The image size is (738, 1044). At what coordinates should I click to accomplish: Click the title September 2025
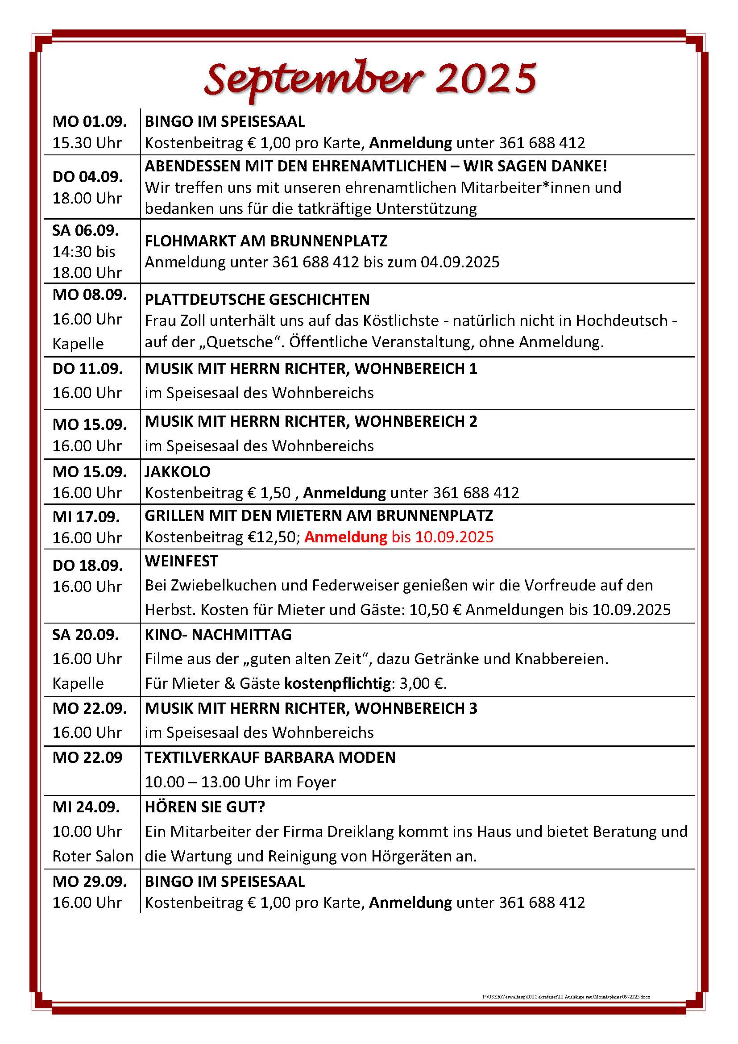[x=370, y=78]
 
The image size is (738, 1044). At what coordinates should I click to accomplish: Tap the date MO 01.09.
[x=90, y=121]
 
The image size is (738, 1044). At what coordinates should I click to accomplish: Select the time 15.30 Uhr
[x=87, y=143]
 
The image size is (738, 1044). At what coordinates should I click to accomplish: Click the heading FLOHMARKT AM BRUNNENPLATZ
[x=266, y=241]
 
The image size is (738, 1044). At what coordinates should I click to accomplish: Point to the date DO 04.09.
[x=88, y=176]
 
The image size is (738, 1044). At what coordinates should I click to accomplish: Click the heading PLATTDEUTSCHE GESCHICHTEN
[x=257, y=299]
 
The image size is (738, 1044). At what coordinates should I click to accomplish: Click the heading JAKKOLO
[x=177, y=471]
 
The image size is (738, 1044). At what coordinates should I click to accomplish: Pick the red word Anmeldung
[x=345, y=537]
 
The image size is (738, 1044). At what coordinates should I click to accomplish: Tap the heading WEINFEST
[x=181, y=561]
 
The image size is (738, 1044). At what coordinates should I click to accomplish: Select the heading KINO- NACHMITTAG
[x=218, y=635]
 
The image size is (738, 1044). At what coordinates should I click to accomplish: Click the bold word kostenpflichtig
[x=337, y=683]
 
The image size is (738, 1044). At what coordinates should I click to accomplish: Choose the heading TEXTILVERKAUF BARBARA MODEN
[x=270, y=757]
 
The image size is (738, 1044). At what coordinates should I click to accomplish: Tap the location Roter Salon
[x=93, y=856]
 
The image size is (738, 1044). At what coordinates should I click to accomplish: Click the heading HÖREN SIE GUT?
[x=204, y=807]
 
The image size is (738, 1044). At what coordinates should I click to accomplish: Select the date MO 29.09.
[x=90, y=881]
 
